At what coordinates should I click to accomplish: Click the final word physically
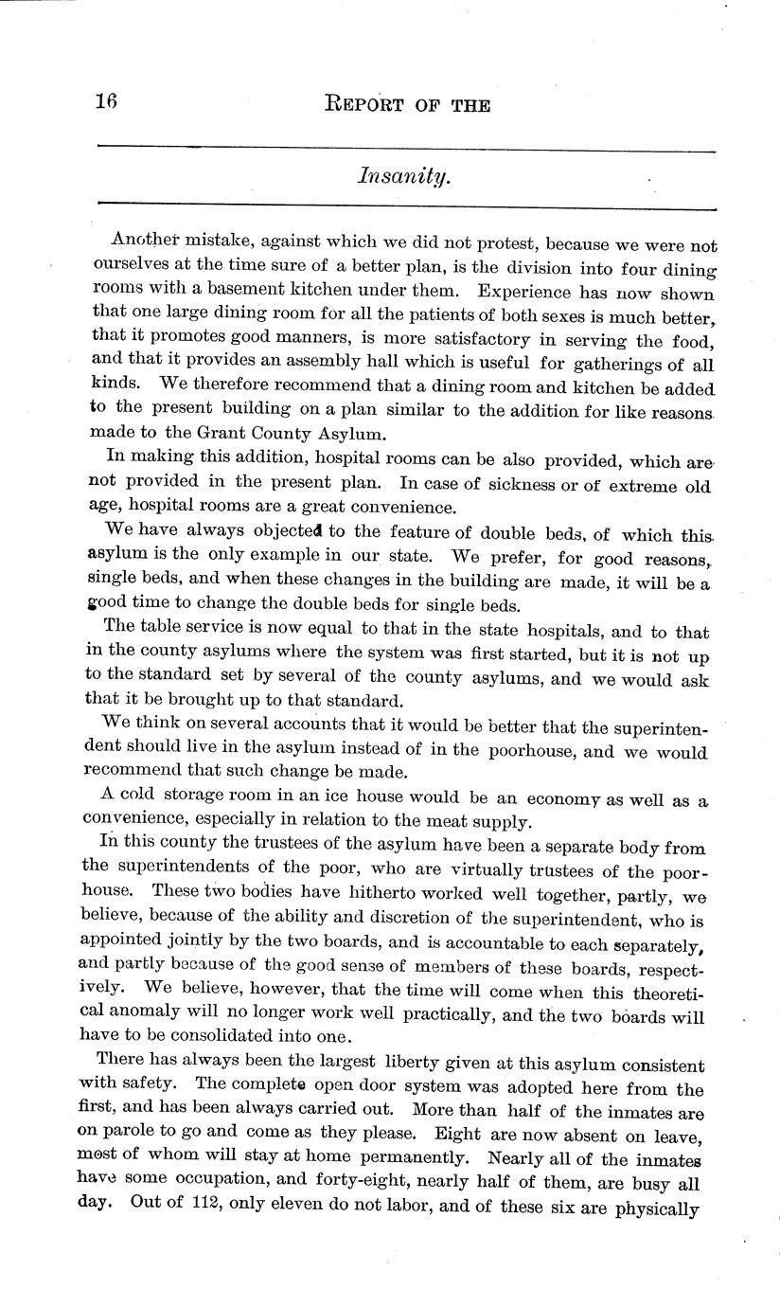pos(656,1209)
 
